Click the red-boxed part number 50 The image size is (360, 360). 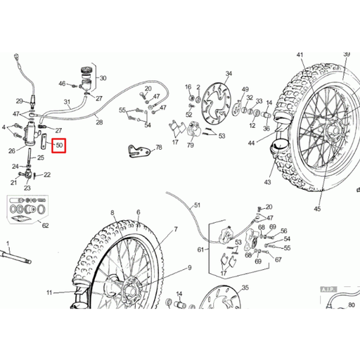pyautogui.click(x=59, y=146)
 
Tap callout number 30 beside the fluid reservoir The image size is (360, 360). pyautogui.click(x=103, y=79)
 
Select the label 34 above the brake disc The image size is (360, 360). pyautogui.click(x=228, y=74)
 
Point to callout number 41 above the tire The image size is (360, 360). pyautogui.click(x=300, y=55)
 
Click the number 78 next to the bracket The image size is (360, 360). pyautogui.click(x=158, y=148)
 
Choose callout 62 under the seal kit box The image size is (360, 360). pyautogui.click(x=46, y=226)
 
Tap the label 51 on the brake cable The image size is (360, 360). pyautogui.click(x=198, y=205)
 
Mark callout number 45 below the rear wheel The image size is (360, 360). pyautogui.click(x=317, y=208)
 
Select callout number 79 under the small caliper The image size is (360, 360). pyautogui.click(x=191, y=146)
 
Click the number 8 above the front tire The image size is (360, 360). pyautogui.click(x=112, y=212)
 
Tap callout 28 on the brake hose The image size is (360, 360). pyautogui.click(x=99, y=122)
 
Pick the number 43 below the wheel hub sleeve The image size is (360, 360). pyautogui.click(x=267, y=182)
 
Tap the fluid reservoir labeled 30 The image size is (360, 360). pyautogui.click(x=86, y=75)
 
